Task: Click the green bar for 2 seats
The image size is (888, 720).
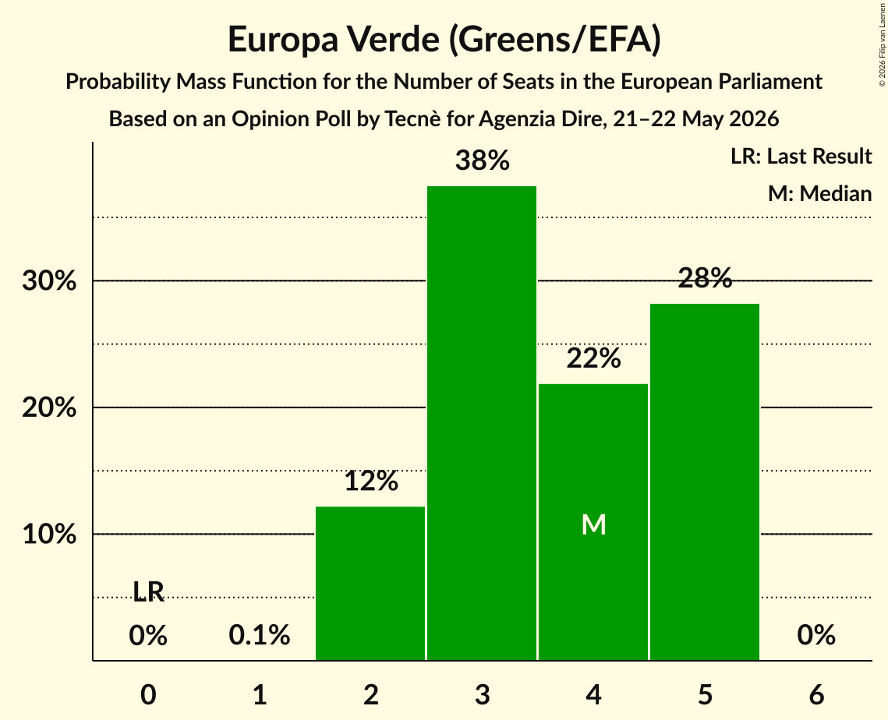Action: [370, 583]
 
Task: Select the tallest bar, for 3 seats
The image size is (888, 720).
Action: [482, 423]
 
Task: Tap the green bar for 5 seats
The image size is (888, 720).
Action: [705, 482]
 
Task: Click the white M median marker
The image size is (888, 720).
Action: [593, 524]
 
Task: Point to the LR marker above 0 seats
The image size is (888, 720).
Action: [148, 591]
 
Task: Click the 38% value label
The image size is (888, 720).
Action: [483, 161]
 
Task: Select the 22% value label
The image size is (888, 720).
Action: [593, 358]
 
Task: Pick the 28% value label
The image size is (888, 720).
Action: [705, 278]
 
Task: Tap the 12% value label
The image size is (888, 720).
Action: [371, 481]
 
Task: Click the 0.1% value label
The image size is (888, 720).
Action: [260, 635]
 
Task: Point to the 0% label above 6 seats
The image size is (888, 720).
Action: [816, 635]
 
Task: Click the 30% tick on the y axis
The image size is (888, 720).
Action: [49, 281]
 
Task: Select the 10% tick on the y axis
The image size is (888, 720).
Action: [49, 534]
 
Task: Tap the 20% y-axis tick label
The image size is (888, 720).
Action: [49, 408]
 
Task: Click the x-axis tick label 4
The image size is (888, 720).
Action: [593, 694]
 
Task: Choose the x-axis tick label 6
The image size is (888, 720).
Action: [816, 694]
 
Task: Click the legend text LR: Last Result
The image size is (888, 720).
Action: [801, 156]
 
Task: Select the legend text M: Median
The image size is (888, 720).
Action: [819, 193]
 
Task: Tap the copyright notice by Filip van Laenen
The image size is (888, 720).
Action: [882, 44]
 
